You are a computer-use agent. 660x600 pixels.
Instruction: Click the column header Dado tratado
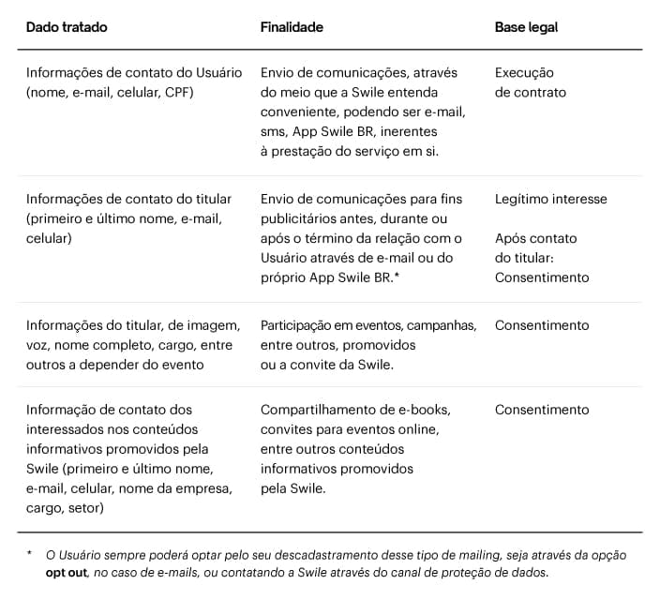pos(67,27)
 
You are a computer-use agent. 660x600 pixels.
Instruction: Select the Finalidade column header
pos(292,27)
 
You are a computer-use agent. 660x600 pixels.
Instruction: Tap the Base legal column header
pos(526,27)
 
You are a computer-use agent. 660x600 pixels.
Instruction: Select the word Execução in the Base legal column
pos(524,72)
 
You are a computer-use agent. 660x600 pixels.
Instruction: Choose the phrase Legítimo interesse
pos(550,199)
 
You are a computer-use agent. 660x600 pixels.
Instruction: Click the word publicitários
pos(300,218)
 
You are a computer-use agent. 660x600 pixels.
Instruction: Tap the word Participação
pos(299,325)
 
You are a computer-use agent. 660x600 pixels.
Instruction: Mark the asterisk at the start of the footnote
pos(29,554)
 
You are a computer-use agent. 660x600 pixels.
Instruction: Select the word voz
pos(37,345)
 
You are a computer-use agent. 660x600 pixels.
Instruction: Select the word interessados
pos(65,429)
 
